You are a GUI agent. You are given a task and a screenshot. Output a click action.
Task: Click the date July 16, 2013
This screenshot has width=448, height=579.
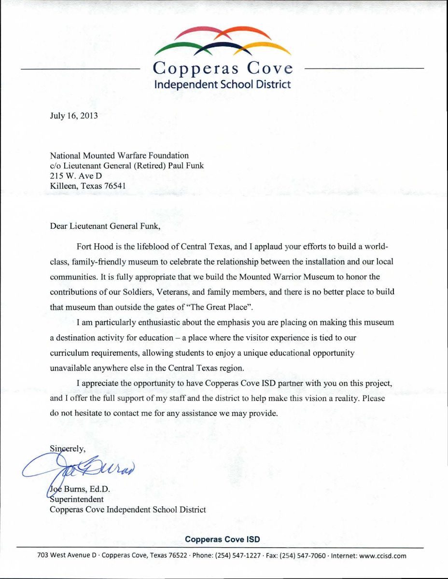coord(74,116)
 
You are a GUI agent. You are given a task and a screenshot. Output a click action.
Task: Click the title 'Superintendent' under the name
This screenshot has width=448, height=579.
coord(76,499)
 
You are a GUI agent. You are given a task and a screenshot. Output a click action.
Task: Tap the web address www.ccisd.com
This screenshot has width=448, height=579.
coord(383,555)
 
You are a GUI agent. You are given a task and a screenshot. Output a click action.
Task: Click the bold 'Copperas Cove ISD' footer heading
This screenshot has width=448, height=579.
coord(223,539)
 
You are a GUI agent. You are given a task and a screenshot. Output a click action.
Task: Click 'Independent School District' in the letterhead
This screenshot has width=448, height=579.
coord(222,84)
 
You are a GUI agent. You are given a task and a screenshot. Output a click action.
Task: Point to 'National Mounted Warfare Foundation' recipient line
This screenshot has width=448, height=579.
coord(119,155)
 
